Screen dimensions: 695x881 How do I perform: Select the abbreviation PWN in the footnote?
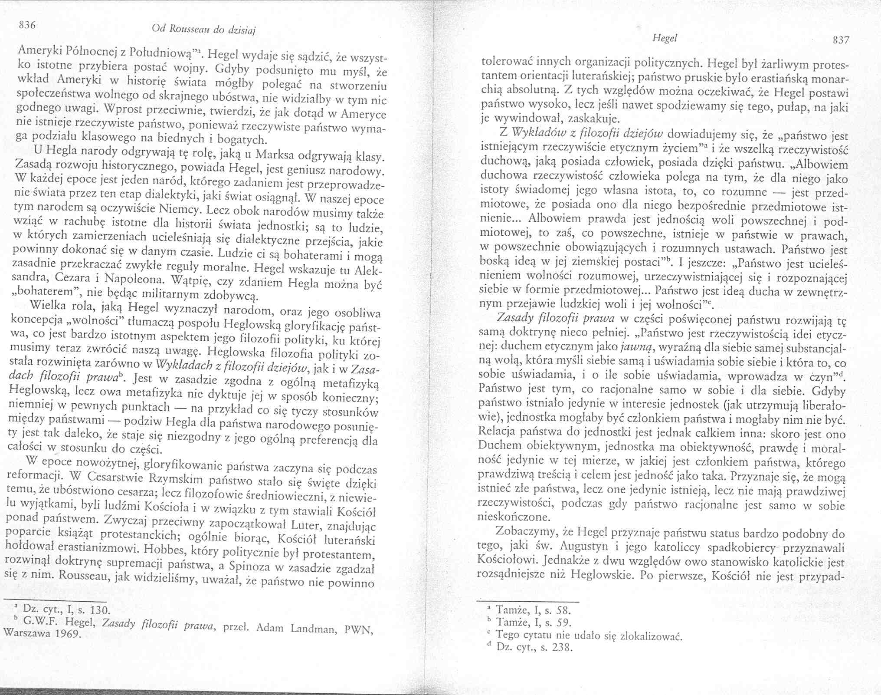360,629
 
